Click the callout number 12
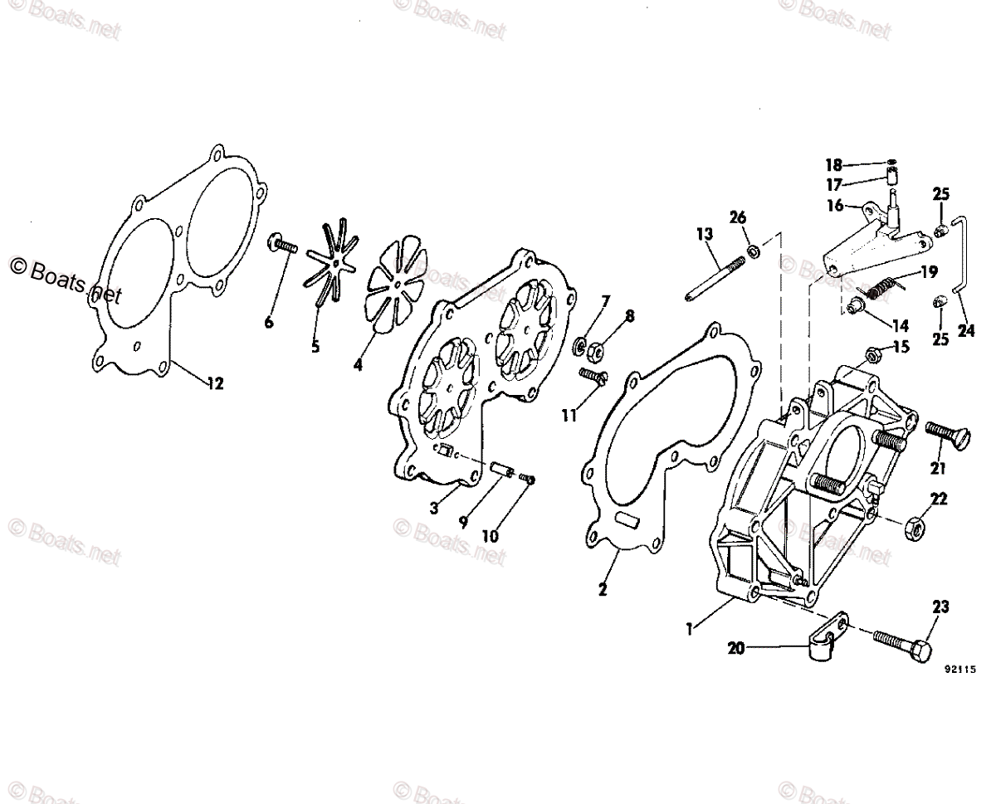pos(215,383)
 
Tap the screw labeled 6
pos(282,246)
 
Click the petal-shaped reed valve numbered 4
pos(396,285)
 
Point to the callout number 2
pos(603,590)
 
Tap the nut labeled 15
pos(872,356)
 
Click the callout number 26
pos(738,217)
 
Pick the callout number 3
pos(434,509)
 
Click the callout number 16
pos(834,205)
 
